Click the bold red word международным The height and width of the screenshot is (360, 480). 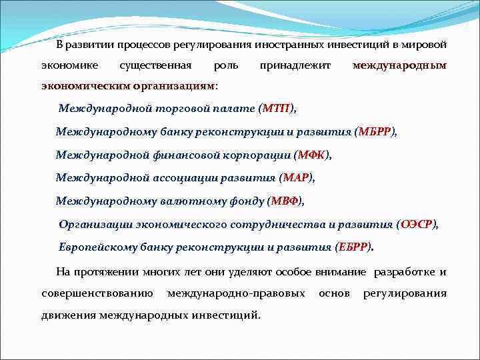(x=399, y=66)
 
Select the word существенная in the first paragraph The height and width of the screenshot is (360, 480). (x=155, y=66)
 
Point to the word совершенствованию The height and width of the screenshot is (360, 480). (x=97, y=293)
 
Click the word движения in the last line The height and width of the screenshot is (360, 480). (x=67, y=315)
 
